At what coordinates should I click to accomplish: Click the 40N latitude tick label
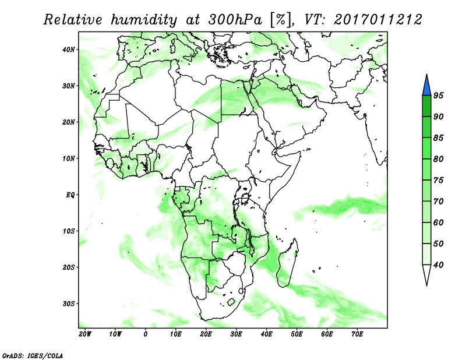69,50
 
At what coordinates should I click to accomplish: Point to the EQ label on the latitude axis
70,195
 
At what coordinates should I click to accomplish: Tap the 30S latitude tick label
69,304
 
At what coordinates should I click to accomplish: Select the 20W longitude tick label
85,334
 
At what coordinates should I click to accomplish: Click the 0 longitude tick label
145,334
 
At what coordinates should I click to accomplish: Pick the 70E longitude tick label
357,334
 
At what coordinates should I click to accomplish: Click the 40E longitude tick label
266,334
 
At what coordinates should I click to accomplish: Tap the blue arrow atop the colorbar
426,84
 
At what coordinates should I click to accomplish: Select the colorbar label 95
439,96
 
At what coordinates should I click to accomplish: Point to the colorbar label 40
439,265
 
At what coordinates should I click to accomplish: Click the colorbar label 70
439,201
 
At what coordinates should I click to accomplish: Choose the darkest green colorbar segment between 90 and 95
426,106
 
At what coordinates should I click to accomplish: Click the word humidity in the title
144,20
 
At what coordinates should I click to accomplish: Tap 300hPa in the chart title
235,20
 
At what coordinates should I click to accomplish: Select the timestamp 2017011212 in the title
377,20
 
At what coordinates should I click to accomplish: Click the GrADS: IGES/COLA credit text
33,356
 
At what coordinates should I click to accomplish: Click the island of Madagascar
287,264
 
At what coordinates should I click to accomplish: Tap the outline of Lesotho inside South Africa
231,302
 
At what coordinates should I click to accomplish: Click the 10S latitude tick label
69,231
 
